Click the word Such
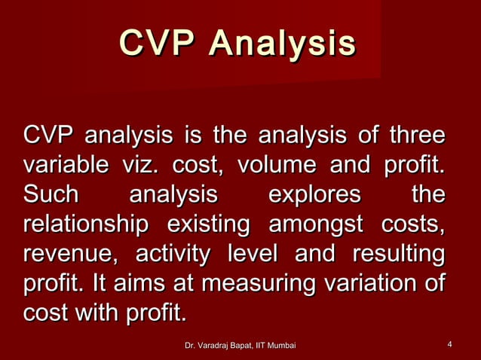(51, 195)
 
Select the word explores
(314, 195)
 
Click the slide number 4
(449, 345)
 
